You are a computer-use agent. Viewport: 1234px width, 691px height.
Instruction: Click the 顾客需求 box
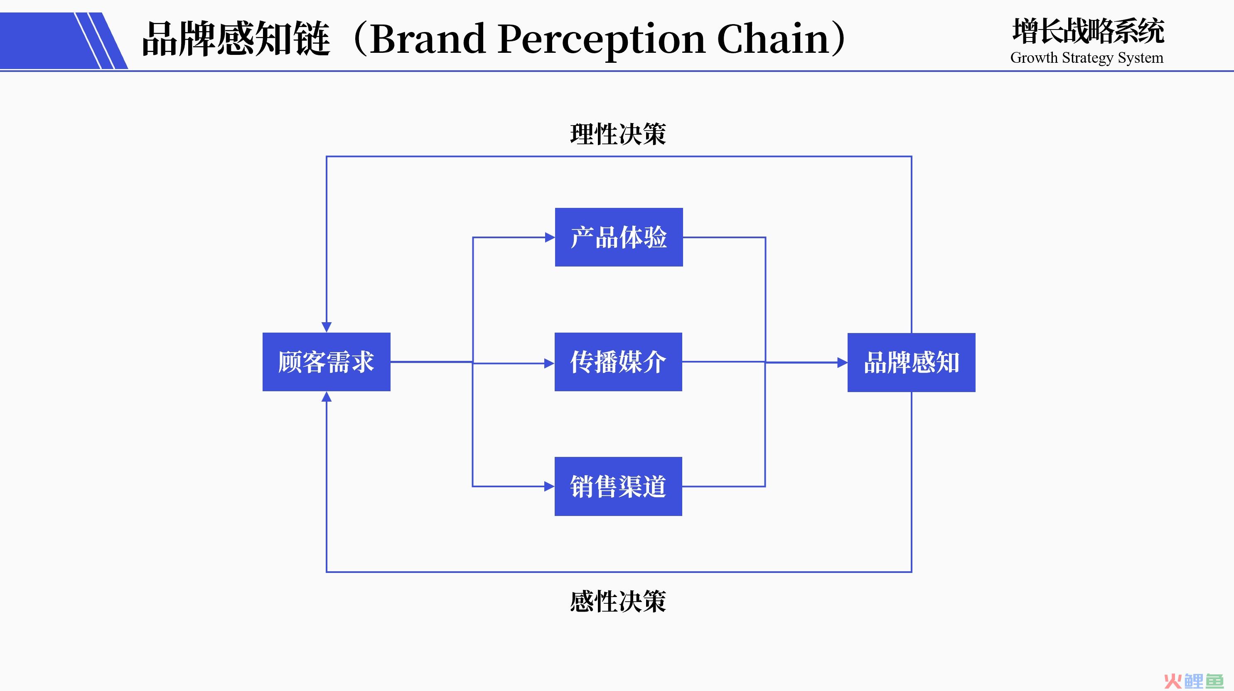326,362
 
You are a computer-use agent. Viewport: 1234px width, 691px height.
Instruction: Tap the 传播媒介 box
618,362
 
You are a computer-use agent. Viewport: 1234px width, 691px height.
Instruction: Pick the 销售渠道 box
618,486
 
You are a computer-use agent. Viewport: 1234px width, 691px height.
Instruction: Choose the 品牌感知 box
912,362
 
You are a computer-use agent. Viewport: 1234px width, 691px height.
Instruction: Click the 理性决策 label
618,134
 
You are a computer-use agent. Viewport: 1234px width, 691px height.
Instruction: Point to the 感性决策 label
618,601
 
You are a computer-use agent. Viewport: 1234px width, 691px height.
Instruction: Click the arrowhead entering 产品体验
550,237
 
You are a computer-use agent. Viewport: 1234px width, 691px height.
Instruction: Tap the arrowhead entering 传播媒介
549,364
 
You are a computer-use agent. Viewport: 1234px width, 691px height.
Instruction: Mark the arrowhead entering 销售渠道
549,486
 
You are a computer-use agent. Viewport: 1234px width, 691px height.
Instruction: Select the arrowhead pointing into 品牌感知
843,363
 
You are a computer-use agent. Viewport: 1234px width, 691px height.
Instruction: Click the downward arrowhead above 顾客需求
327,327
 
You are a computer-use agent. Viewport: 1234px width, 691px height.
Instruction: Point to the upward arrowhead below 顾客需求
327,396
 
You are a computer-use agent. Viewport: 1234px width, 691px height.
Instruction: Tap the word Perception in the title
602,41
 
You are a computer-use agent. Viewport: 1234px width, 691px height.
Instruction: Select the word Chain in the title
773,38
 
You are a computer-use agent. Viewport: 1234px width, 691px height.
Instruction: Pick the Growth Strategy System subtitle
1087,57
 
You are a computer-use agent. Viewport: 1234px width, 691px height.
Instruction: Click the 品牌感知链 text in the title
236,39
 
